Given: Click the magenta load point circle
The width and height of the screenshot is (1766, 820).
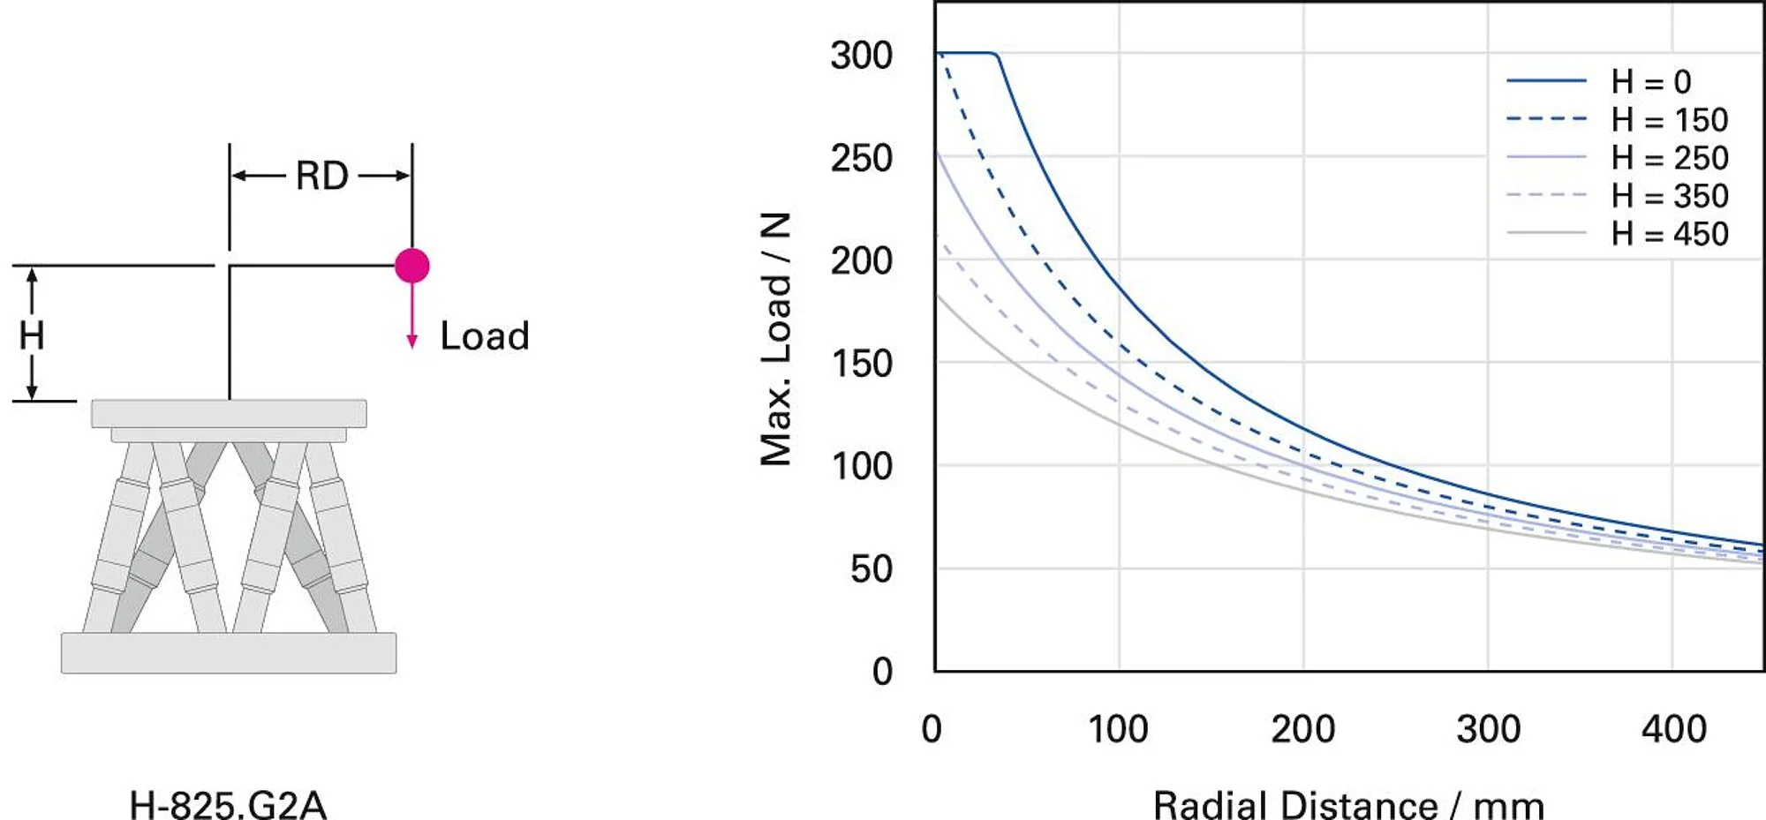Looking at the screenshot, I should coord(411,265).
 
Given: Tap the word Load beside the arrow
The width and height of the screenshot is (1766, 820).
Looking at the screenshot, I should coord(485,336).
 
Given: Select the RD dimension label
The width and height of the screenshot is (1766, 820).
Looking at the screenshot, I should coord(321,176).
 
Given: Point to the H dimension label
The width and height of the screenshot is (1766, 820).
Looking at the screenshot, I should coord(32,336).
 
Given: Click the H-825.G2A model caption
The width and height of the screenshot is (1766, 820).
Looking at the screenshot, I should coord(228,804).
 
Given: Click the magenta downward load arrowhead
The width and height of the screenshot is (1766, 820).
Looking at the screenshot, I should coord(411,342).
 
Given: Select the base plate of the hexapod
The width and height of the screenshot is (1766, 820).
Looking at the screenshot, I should coord(229,653).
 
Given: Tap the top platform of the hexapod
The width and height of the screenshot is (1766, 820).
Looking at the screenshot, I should coord(229,413).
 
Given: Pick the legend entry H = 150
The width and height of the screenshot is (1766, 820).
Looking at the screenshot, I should coord(1669,120).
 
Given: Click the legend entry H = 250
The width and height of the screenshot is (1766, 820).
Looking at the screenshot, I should coord(1669,158).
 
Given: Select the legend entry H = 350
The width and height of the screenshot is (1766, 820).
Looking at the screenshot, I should coord(1669,196).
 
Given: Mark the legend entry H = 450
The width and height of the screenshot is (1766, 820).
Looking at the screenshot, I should coord(1669,234).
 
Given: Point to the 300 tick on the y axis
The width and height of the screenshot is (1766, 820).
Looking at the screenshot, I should coord(861,56).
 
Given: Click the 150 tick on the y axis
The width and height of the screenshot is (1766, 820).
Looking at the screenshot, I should coord(861,364).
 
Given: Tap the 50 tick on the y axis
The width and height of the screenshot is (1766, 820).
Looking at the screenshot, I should coord(871,569).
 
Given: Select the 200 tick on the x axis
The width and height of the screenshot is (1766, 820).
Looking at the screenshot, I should coord(1302,730).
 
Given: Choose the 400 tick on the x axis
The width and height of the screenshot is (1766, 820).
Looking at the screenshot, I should coord(1673,730).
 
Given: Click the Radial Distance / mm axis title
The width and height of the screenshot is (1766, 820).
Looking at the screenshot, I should coord(1348,804).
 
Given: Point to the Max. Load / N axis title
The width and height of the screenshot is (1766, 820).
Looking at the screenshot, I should coord(775,339).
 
